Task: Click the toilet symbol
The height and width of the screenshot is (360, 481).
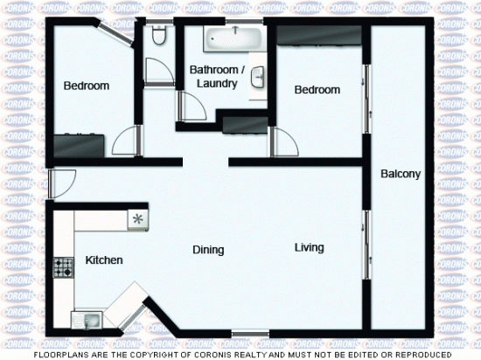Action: [157, 36]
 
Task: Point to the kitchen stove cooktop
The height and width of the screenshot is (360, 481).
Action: [63, 267]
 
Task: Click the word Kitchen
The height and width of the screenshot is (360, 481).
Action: [103, 260]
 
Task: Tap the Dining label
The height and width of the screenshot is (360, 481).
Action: [208, 250]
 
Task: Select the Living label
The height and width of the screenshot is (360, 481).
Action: [309, 247]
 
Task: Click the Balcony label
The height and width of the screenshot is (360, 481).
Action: [401, 174]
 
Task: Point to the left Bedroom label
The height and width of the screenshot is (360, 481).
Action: [87, 86]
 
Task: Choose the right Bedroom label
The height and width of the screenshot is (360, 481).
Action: [316, 90]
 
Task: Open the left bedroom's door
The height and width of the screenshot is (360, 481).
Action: [128, 140]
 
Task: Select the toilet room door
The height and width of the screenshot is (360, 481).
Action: [156, 70]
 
